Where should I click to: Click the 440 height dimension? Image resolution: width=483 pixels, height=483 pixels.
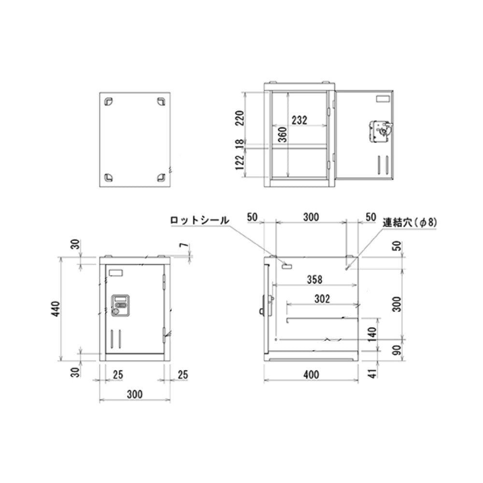pyautogui.click(x=56, y=309)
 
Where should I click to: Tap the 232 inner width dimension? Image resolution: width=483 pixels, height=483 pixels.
pyautogui.click(x=299, y=120)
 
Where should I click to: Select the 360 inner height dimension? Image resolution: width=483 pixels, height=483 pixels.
pyautogui.click(x=282, y=134)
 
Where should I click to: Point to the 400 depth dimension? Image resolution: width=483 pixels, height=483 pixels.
pyautogui.click(x=311, y=375)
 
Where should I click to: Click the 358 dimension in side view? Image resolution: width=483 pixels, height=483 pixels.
pyautogui.click(x=315, y=280)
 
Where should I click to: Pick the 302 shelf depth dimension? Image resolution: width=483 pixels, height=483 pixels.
pyautogui.click(x=322, y=298)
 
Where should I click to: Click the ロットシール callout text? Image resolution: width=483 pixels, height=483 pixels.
pyautogui.click(x=199, y=220)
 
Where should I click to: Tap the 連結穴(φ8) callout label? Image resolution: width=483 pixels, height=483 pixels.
pyautogui.click(x=410, y=222)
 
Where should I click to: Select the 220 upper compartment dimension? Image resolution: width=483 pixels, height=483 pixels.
pyautogui.click(x=240, y=118)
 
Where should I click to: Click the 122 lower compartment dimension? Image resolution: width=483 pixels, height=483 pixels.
pyautogui.click(x=240, y=162)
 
